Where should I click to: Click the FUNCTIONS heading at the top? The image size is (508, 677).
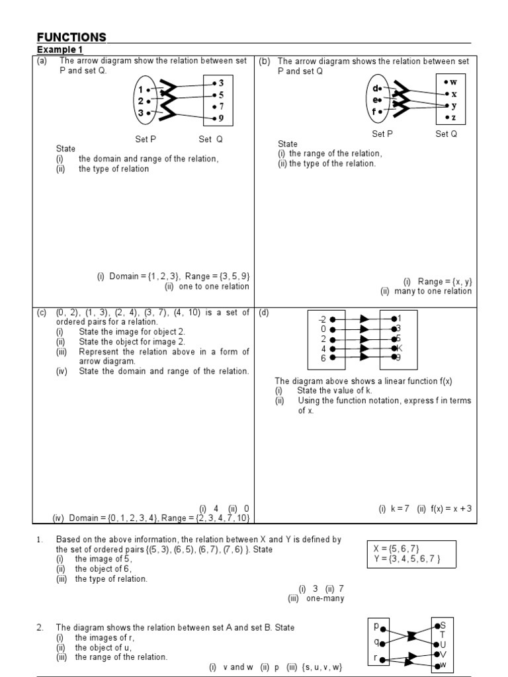71,37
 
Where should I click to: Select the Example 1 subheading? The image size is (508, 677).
60,50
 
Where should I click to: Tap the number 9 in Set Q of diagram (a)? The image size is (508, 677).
221,118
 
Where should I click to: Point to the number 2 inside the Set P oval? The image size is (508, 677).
141,101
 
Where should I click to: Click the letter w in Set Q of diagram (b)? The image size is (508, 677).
454,82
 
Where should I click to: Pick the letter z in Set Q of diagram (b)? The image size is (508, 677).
454,118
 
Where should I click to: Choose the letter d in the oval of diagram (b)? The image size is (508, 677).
376,89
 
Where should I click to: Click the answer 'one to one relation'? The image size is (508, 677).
207,286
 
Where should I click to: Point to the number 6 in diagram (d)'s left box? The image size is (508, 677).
323,358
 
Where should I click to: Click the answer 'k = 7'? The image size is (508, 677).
394,508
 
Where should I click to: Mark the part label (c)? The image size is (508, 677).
42,313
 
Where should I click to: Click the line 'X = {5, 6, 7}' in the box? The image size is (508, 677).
396,549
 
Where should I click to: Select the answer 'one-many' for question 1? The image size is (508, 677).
325,598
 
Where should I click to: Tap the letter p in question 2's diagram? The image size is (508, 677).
376,625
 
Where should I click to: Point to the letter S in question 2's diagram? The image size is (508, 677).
443,625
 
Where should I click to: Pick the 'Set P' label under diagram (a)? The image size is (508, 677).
146,139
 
